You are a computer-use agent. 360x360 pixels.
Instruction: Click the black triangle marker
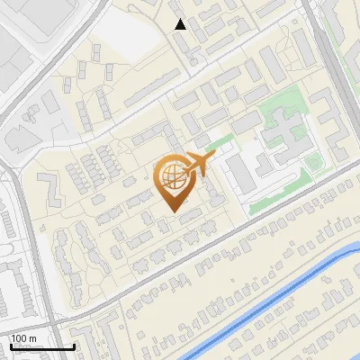click(x=180, y=24)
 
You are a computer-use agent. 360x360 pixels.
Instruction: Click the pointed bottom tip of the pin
click(x=174, y=211)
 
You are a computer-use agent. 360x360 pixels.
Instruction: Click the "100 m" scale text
click(x=23, y=337)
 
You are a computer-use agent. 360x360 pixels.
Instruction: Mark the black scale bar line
click(x=41, y=346)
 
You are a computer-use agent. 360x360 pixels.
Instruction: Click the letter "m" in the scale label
click(x=32, y=337)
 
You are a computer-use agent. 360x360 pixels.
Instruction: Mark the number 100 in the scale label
click(x=19, y=337)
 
